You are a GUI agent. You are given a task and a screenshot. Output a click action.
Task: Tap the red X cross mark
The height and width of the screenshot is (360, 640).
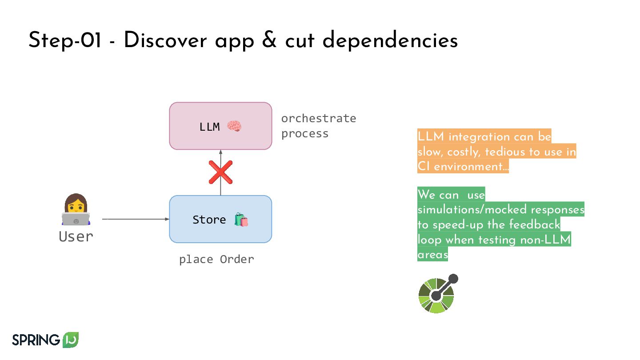click(x=220, y=172)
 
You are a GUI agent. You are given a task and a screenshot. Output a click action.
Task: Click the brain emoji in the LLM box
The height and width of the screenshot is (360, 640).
click(x=234, y=127)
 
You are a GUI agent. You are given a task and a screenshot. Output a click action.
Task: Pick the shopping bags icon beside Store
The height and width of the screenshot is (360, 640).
click(x=241, y=220)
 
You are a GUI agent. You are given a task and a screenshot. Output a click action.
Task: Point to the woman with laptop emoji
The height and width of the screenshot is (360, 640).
click(x=76, y=210)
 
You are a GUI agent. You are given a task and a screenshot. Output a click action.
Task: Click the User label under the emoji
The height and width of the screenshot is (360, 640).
click(x=76, y=236)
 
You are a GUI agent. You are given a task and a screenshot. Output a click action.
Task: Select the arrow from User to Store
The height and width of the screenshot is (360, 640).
click(x=136, y=219)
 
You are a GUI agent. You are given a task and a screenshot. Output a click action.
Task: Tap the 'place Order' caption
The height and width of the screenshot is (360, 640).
click(x=216, y=259)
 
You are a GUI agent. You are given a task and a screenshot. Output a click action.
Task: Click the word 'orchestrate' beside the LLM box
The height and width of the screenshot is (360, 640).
click(x=319, y=119)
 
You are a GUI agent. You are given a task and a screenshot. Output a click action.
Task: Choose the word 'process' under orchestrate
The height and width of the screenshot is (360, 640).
click(x=305, y=134)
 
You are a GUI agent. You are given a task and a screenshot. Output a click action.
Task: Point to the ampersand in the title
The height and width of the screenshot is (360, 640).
click(x=268, y=41)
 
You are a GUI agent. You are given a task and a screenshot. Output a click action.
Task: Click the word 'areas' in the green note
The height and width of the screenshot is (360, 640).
click(x=432, y=255)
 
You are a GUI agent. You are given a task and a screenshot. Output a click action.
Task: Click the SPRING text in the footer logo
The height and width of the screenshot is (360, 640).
click(x=36, y=340)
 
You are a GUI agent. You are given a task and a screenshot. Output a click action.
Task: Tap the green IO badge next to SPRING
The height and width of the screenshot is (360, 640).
click(x=71, y=340)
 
